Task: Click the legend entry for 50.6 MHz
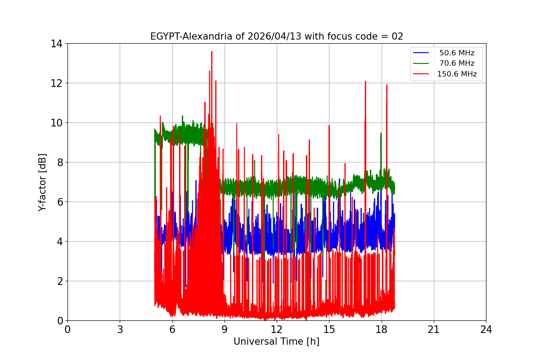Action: pos(456,53)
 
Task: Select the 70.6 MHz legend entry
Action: pos(456,63)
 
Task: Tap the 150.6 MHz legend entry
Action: pos(456,74)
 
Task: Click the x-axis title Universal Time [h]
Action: pos(276,342)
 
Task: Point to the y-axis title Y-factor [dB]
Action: pos(42,182)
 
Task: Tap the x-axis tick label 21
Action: pos(434,329)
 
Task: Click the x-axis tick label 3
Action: pos(120,329)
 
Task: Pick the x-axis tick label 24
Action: pos(486,329)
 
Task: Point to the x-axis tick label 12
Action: pos(277,329)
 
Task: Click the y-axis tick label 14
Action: pos(57,44)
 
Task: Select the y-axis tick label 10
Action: pos(57,123)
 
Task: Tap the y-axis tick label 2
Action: pos(59,281)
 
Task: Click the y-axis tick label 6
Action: pos(59,202)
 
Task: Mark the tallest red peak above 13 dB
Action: pos(211,52)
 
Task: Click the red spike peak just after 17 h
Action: pos(365,82)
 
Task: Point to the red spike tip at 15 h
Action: pos(329,126)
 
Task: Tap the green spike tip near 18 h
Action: pos(381,133)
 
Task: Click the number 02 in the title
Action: pos(397,36)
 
